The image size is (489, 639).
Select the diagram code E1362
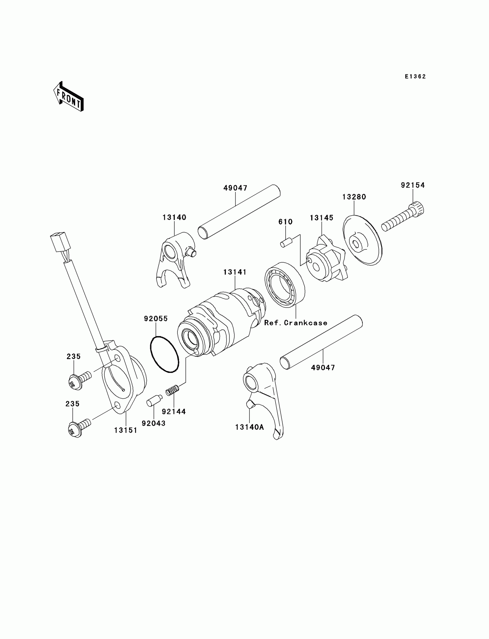415,76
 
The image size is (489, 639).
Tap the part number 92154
413,185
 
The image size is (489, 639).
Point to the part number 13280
354,197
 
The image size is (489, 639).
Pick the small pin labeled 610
286,242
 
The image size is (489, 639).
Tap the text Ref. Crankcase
296,323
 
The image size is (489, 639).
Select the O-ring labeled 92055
165,354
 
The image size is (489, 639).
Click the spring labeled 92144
172,389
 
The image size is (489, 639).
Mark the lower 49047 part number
323,368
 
